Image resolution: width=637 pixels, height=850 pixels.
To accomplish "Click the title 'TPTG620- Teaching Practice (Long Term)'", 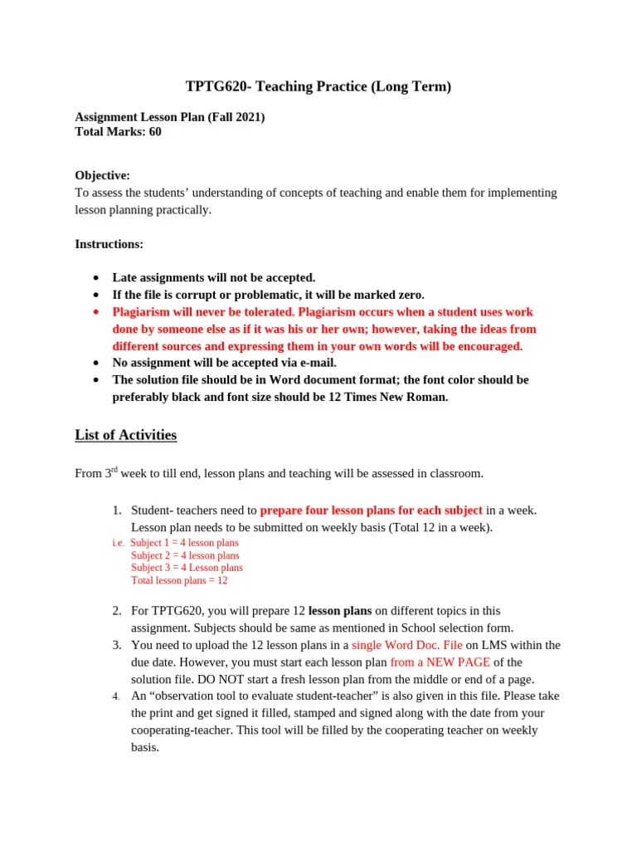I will click(x=318, y=87).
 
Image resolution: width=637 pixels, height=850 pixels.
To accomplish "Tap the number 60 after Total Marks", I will click(x=155, y=131).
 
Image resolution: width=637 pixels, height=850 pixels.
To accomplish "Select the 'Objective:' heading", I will click(x=102, y=175).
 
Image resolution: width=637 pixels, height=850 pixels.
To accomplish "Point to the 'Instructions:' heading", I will click(x=109, y=244).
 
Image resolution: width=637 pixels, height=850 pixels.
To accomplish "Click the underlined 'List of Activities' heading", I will click(x=125, y=435).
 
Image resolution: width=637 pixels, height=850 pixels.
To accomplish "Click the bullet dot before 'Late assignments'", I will click(x=97, y=278).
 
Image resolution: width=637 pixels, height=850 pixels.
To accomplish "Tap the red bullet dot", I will click(x=97, y=312).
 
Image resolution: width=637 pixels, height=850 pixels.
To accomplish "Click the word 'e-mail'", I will click(x=317, y=363).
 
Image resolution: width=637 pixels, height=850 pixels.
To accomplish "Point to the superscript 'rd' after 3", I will click(x=114, y=470).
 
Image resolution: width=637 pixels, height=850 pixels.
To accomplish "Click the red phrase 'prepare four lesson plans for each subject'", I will click(x=371, y=510).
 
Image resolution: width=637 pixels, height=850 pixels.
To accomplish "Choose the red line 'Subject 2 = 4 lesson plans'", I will click(x=185, y=555).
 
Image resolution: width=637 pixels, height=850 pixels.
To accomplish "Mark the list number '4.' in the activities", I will click(x=117, y=696).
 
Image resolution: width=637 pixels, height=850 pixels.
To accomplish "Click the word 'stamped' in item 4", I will click(x=309, y=713).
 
